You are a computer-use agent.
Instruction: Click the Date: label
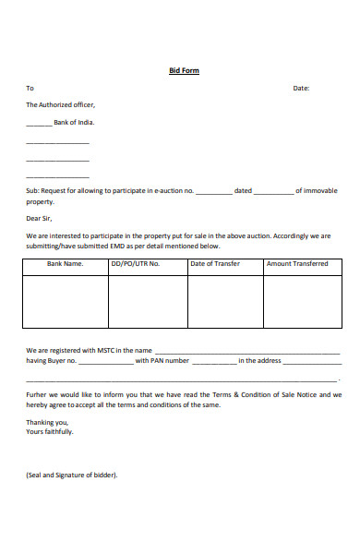(301, 88)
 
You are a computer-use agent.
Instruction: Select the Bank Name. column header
(65, 264)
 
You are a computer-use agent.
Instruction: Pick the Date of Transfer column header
(215, 264)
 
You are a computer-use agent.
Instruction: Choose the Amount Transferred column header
(297, 264)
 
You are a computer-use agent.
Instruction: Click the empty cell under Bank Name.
(65, 301)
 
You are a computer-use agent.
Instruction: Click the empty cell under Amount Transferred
(297, 301)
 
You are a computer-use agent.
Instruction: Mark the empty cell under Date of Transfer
(225, 301)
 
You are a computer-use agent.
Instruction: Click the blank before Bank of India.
(39, 123)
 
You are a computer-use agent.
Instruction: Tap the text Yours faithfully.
(49, 431)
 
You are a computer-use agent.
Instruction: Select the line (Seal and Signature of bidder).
(72, 476)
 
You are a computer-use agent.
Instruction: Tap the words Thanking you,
(47, 422)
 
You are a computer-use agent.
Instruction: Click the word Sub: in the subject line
(32, 191)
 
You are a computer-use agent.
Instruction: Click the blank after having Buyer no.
(106, 362)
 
